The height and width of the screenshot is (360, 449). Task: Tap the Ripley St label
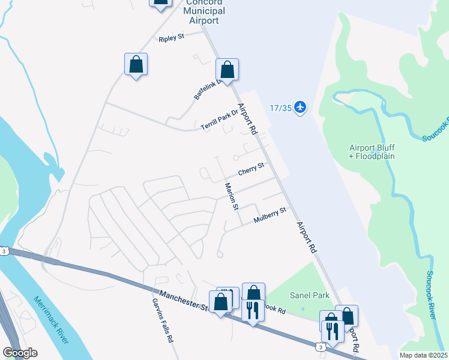(x=172, y=38)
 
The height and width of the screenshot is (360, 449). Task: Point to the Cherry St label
(x=251, y=169)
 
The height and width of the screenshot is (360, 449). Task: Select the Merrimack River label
(x=51, y=320)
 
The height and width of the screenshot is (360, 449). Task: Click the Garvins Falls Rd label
(x=162, y=321)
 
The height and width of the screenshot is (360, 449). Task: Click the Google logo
(x=20, y=353)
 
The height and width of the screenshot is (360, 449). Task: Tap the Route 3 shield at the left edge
(x=4, y=251)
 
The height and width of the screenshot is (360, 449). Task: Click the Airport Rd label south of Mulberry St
(x=306, y=238)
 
